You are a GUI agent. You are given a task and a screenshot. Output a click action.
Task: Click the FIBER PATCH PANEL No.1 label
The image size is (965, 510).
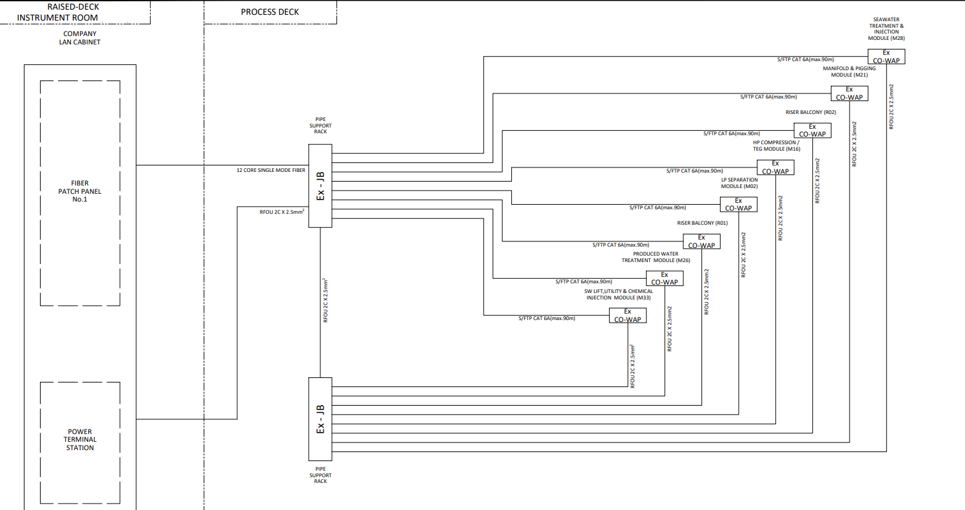pos(79,191)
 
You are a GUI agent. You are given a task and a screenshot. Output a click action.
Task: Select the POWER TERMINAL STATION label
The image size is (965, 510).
pos(79,440)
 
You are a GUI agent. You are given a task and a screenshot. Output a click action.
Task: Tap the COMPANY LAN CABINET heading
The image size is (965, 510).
pos(79,38)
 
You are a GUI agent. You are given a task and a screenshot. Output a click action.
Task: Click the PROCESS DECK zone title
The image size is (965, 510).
pos(270,12)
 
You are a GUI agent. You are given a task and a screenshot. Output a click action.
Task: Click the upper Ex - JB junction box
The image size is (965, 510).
pos(320,185)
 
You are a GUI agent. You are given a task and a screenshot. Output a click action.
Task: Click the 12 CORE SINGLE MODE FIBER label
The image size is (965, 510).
pos(271,171)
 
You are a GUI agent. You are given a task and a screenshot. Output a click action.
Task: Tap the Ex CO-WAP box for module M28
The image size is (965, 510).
pos(886,57)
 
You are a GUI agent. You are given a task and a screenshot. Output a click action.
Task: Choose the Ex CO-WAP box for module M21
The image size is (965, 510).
pos(849,93)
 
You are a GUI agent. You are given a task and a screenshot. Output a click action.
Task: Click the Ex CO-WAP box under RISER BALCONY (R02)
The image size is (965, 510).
pos(812,130)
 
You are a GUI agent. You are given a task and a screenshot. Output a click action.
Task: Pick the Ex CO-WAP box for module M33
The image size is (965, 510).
pos(627,316)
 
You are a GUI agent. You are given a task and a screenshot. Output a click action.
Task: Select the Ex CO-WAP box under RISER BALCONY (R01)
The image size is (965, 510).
pos(701,241)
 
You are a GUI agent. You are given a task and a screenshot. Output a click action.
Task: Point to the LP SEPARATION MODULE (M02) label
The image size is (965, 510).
pos(739,183)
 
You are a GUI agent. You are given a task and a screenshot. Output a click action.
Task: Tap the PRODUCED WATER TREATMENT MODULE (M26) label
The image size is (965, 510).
pos(656,257)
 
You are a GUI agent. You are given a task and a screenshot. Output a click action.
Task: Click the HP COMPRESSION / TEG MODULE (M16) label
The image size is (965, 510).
pos(776,146)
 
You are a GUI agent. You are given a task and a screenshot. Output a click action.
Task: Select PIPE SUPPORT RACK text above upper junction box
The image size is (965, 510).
pos(320,126)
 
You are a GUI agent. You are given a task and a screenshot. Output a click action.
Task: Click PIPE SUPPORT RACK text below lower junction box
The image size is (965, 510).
pos(320,475)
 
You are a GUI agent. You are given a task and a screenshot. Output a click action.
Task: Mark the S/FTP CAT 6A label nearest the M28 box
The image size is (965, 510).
pos(806,59)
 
